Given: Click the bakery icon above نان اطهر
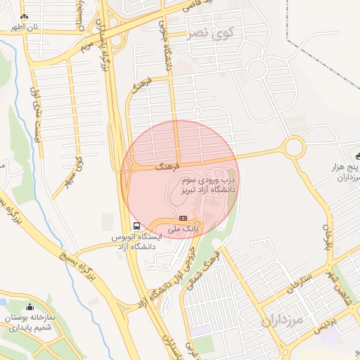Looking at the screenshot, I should coord(25,16).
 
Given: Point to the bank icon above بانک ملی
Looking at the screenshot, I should coord(184,219).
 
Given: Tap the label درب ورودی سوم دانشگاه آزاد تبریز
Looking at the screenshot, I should coord(208,186).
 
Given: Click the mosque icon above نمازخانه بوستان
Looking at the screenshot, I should coord(30,307).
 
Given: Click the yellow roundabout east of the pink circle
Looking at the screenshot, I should coord(292,148).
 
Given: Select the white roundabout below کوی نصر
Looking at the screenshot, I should coord(257,69).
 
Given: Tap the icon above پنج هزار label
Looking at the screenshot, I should coord(357,154).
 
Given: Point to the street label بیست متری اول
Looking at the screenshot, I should coord(35,113).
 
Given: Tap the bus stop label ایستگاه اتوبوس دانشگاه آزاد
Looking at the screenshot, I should coord(137,242).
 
